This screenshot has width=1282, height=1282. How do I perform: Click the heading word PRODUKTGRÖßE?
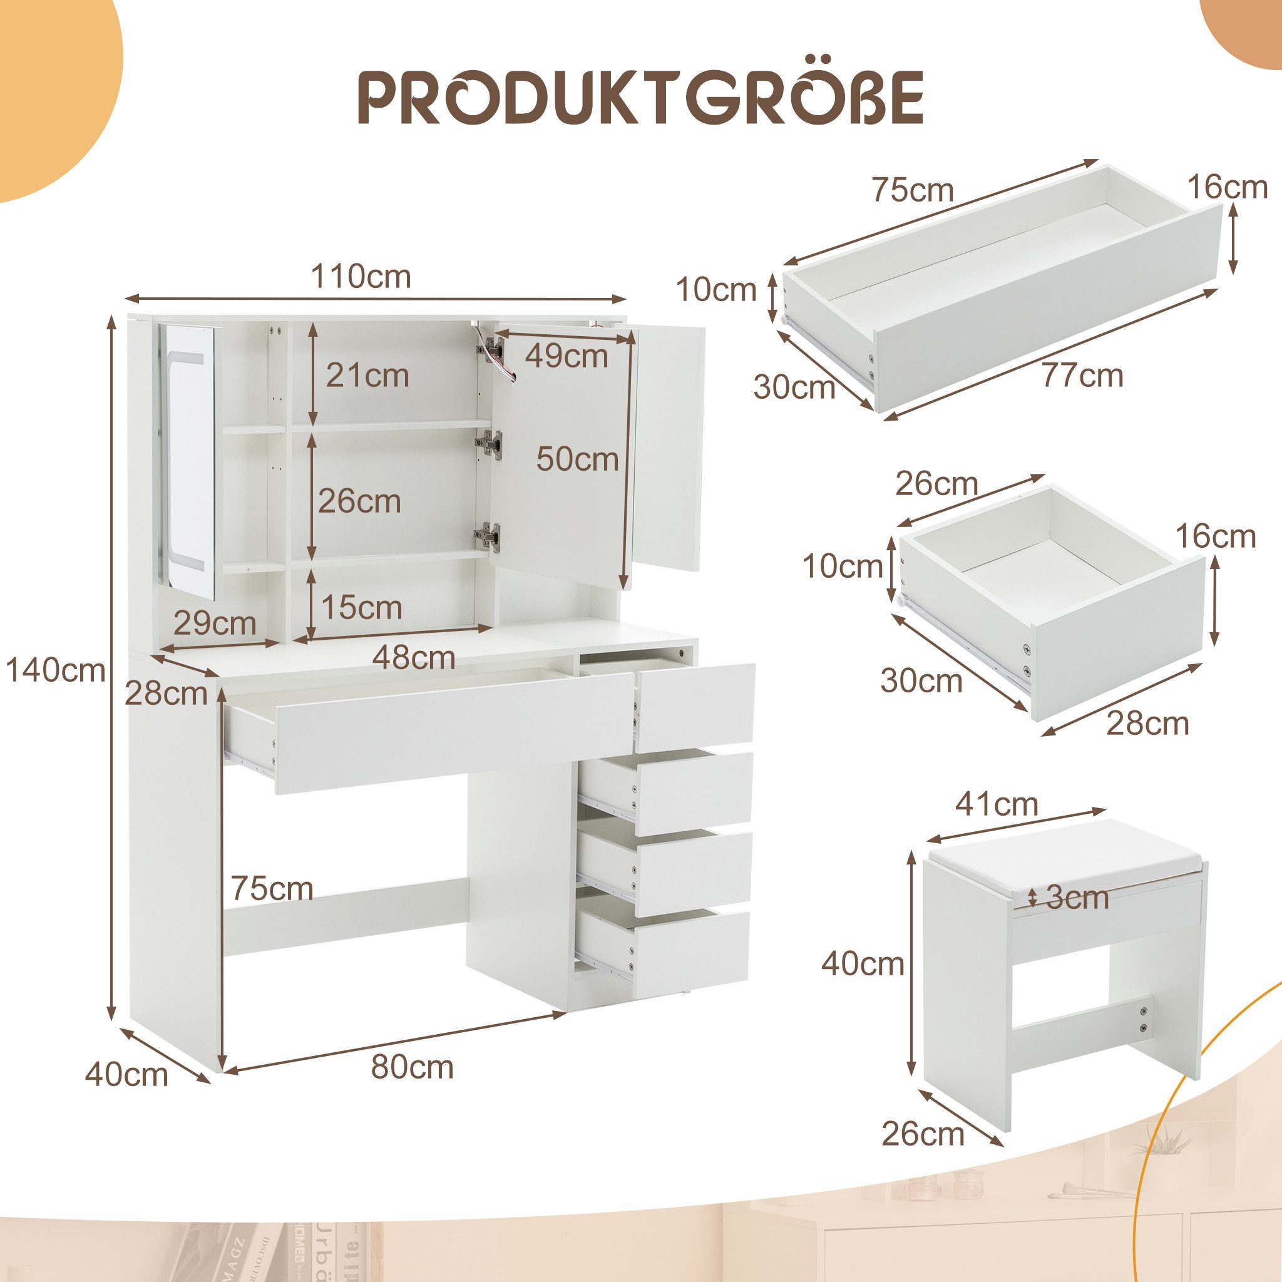point(641,98)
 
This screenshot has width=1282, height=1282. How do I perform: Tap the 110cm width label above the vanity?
point(362,276)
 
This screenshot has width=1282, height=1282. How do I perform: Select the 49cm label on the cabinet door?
point(567,356)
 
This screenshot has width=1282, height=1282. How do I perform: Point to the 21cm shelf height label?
point(367,376)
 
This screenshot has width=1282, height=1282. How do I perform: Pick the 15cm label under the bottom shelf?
point(362,607)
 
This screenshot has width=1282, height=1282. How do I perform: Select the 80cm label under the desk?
point(412,1067)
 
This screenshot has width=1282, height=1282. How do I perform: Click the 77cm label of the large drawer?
point(1082,376)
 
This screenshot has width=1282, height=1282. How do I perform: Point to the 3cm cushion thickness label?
point(1078,898)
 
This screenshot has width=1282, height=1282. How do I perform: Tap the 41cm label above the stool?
point(996,805)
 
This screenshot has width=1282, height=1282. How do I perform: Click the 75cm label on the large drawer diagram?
point(913,190)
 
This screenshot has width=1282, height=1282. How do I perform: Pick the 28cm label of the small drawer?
point(1147,722)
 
